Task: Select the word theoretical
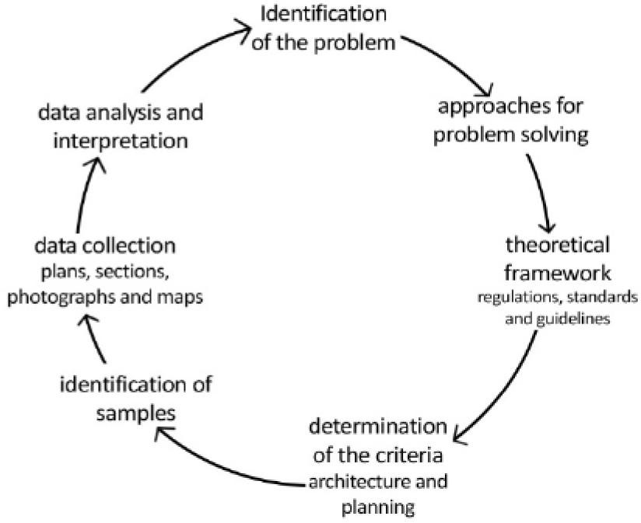(556, 246)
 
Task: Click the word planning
(378, 508)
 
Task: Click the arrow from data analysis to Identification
(194, 54)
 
